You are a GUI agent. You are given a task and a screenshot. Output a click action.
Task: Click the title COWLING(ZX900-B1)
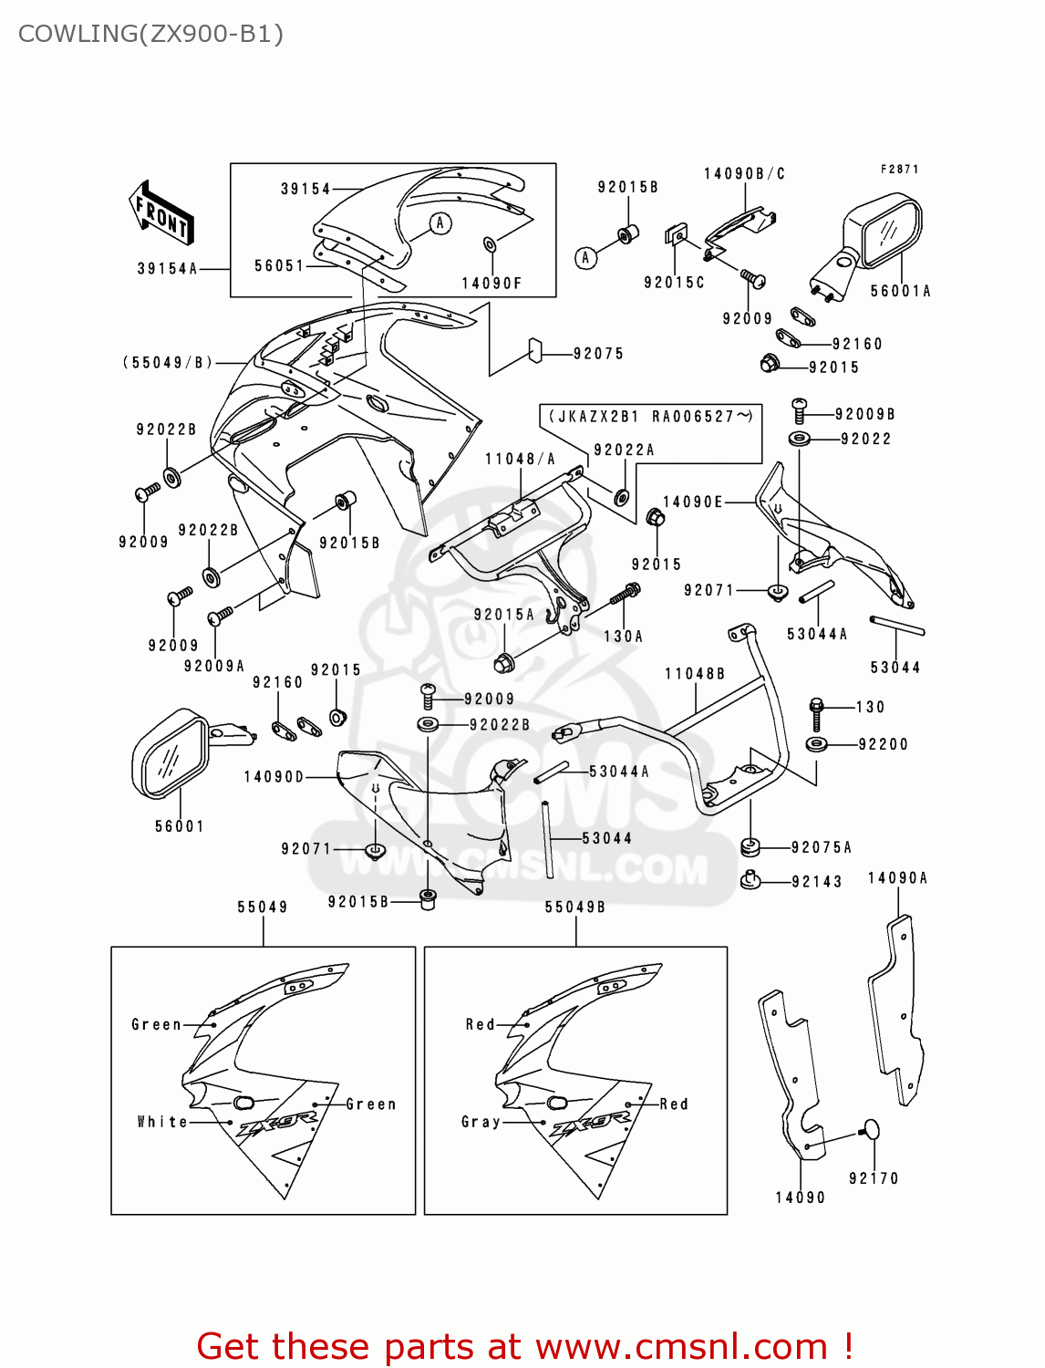point(150,34)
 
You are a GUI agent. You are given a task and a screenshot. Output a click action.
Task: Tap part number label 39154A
point(167,268)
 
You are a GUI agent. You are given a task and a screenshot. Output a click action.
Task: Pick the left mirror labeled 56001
point(172,753)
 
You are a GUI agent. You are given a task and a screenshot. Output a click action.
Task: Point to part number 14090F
point(491,284)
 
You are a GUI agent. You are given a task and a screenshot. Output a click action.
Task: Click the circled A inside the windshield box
point(440,223)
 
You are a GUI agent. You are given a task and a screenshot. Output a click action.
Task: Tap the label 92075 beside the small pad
point(598,354)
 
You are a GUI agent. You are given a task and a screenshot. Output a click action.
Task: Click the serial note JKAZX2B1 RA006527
point(650,417)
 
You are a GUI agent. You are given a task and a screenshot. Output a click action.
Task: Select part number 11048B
point(695,674)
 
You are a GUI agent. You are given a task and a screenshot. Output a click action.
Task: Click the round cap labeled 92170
point(871,1130)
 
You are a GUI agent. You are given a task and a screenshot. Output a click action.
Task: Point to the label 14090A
point(897,878)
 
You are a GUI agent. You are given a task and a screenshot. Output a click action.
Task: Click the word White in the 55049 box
point(162,1122)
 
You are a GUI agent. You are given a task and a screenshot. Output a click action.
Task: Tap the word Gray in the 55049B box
point(481,1122)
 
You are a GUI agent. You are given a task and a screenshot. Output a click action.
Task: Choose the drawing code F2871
point(899,169)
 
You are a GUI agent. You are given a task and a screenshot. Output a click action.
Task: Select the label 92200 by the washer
point(883,744)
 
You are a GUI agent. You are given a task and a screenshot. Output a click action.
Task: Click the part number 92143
point(816,882)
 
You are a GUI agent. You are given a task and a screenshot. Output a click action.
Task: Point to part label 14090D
point(274,777)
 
